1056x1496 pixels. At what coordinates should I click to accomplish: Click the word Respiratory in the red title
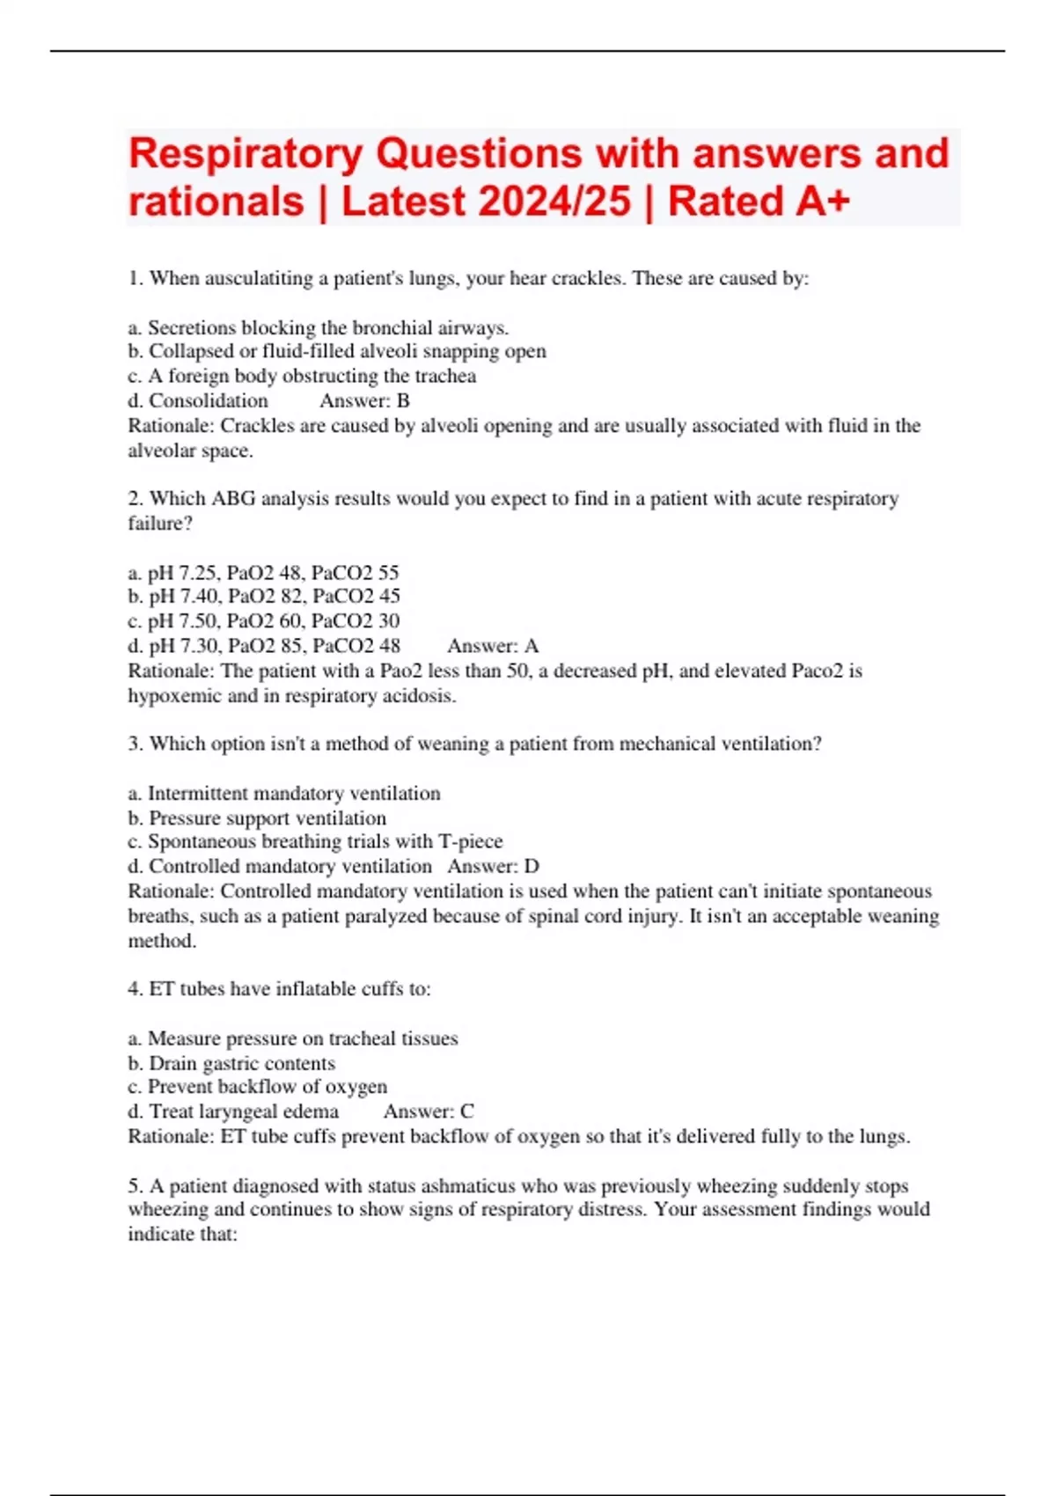[x=246, y=154]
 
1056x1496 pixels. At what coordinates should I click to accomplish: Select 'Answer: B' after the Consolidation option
[x=364, y=401]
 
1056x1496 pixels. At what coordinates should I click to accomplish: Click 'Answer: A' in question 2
[x=492, y=646]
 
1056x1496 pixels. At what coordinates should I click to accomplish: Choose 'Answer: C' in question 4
[x=429, y=1111]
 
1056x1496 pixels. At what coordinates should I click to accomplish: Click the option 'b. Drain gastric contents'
[x=231, y=1063]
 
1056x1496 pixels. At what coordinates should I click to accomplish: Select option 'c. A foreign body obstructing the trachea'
[x=302, y=377]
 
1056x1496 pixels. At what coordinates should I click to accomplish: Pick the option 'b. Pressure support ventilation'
[x=257, y=818]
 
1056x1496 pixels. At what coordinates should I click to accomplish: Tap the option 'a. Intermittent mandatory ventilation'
[x=284, y=794]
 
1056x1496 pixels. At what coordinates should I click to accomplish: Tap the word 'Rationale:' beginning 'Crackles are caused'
[x=171, y=426]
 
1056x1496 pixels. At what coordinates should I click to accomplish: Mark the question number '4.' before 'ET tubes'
[x=136, y=989]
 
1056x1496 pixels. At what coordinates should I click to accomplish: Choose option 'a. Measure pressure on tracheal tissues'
[x=293, y=1038]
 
